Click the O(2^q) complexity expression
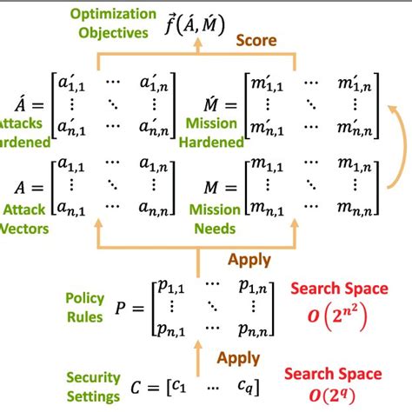[336, 396]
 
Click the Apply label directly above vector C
[237, 357]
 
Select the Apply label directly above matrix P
[249, 258]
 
